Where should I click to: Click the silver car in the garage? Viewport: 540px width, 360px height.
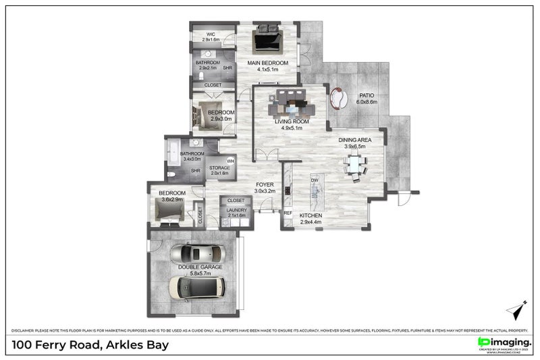coord(195,255)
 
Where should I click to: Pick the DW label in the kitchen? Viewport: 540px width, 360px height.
coord(314,180)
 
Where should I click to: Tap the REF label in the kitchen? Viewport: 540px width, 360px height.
coord(288,213)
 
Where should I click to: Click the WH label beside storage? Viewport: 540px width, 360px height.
coord(230,161)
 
